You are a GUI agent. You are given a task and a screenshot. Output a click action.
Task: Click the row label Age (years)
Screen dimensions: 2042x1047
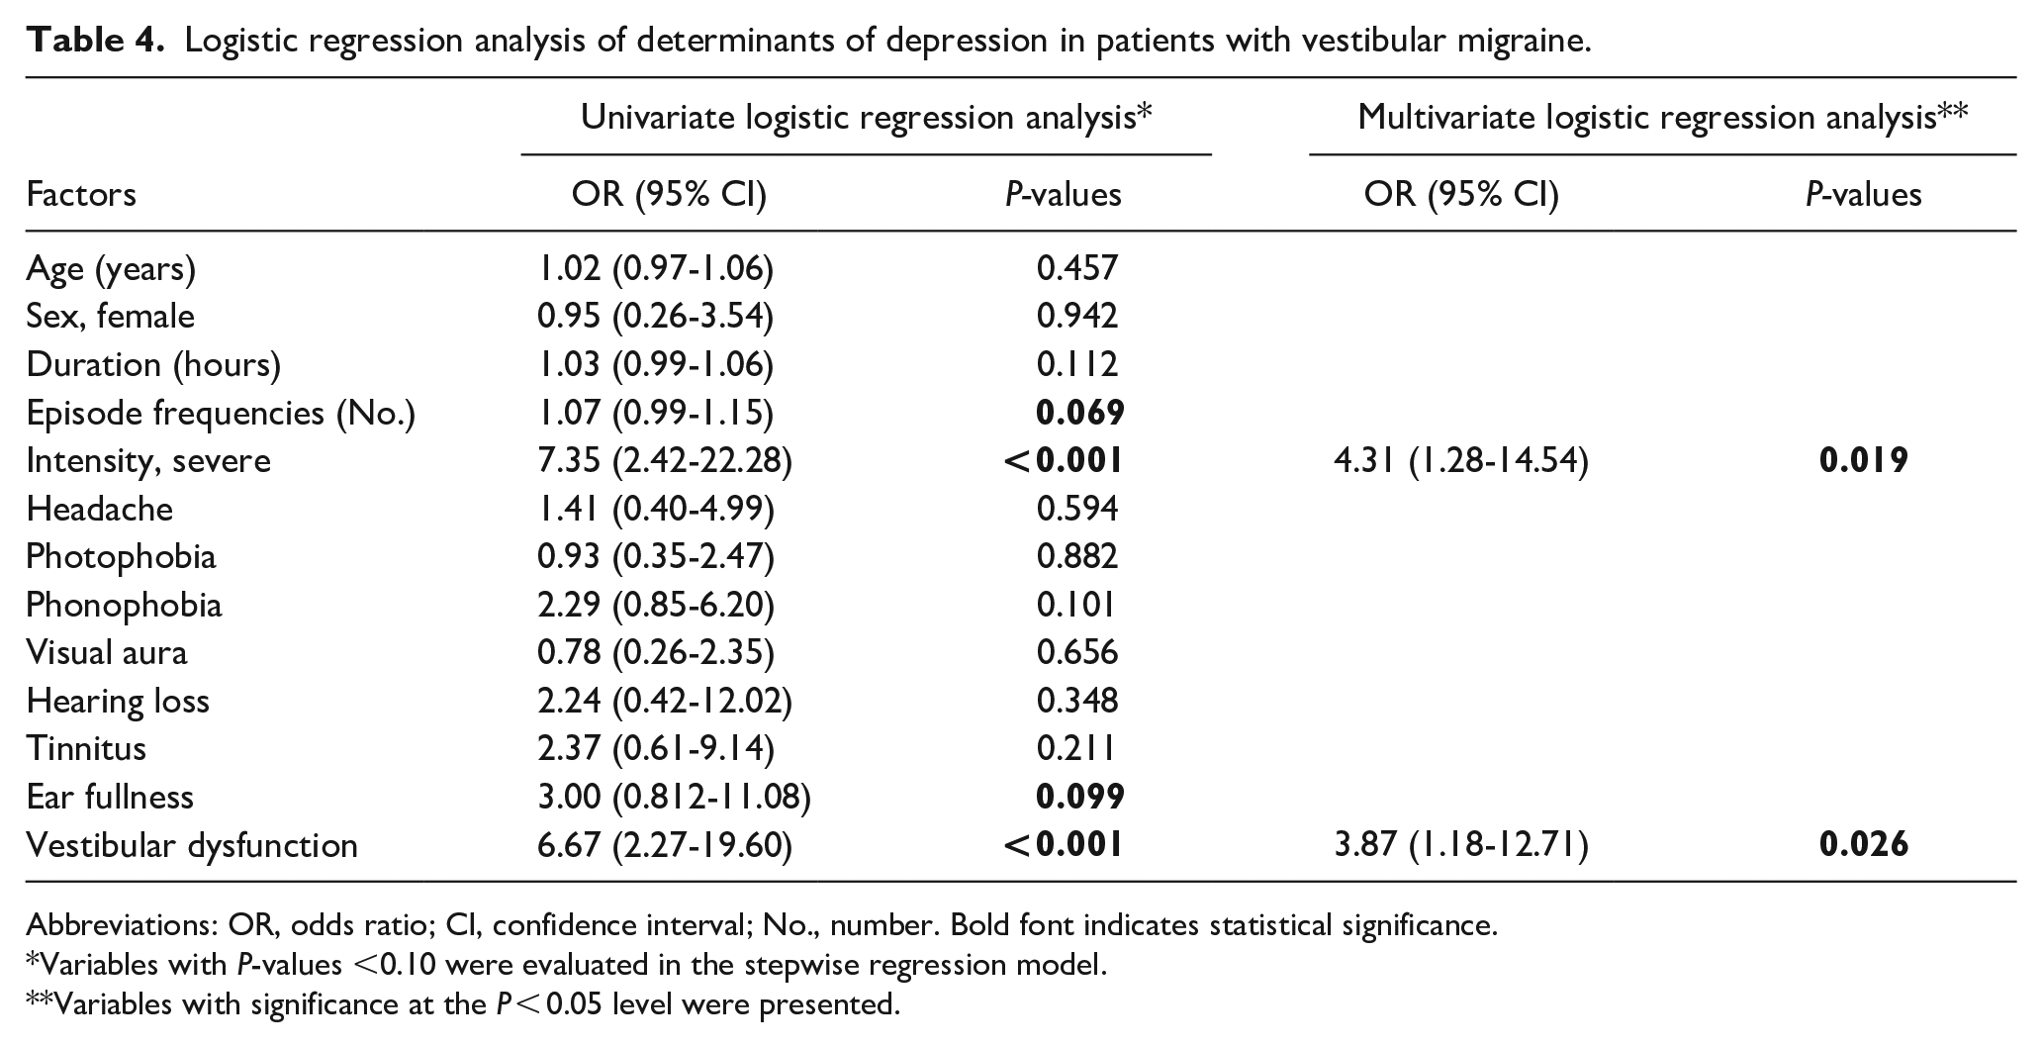click(111, 268)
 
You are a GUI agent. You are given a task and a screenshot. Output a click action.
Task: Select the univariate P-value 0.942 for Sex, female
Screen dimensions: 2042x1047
click(1076, 316)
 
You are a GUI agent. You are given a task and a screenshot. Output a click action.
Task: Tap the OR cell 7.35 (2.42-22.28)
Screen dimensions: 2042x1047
click(664, 461)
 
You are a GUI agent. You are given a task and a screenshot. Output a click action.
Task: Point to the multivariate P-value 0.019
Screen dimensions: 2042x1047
click(1863, 461)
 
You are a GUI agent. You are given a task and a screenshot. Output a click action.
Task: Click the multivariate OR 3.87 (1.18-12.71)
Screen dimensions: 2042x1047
click(1461, 845)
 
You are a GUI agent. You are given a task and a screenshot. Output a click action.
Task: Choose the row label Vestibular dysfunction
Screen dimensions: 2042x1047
click(192, 845)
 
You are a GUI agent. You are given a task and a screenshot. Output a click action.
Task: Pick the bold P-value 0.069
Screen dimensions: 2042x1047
click(1079, 412)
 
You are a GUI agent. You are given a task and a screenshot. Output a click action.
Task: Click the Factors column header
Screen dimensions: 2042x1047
click(81, 194)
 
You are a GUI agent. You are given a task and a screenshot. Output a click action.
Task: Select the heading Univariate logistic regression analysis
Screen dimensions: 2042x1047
click(857, 118)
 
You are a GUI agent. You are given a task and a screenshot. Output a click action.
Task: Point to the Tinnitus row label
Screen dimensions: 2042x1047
click(86, 748)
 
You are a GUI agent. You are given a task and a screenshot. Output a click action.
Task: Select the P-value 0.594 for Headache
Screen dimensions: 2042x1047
click(1076, 509)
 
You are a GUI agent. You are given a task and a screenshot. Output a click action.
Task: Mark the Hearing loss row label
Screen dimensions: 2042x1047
click(118, 701)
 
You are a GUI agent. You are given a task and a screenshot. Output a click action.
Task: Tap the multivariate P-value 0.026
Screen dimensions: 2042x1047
click(1863, 845)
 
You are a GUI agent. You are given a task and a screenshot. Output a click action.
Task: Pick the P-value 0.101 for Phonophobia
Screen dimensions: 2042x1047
click(1075, 605)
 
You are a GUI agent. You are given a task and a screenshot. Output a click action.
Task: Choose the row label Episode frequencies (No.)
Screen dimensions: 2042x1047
click(221, 413)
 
